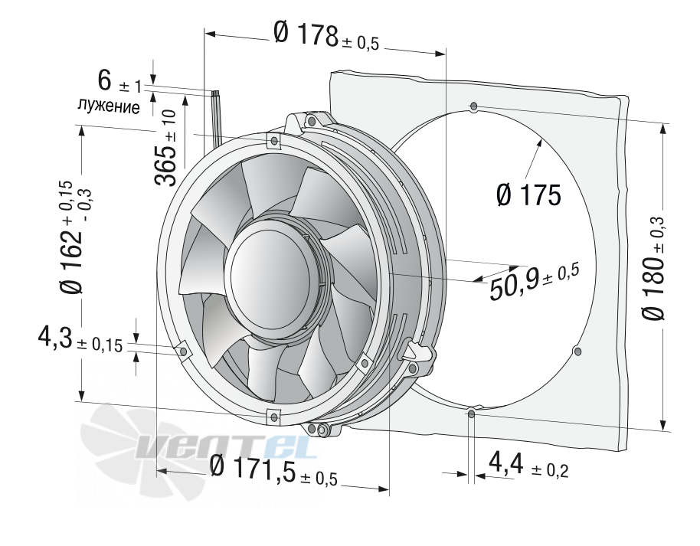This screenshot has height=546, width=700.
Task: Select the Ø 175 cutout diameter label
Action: [x=528, y=195]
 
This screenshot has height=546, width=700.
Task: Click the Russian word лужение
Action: [x=109, y=106]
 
